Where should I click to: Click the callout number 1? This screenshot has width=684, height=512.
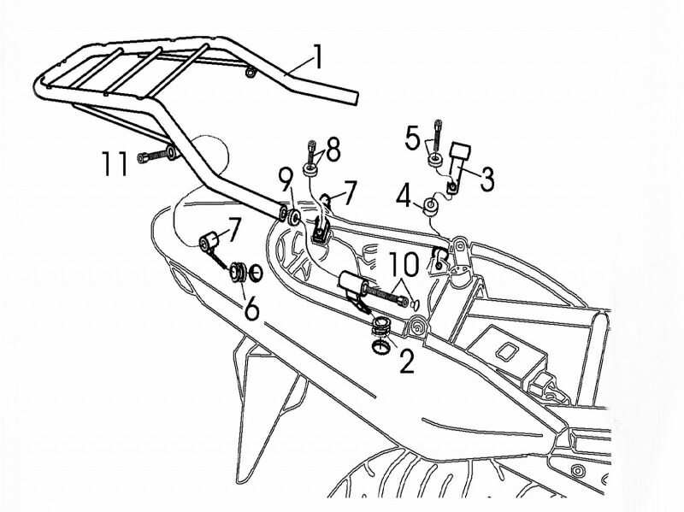coord(318,57)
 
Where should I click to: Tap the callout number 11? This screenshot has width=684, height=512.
coord(115,163)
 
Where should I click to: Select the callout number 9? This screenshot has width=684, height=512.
coord(285,181)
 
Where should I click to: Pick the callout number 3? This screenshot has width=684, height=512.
coord(486,179)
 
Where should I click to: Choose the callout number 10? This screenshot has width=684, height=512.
coord(403,264)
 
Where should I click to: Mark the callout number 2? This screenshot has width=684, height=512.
coord(407,362)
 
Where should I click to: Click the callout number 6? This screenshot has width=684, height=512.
coord(251,309)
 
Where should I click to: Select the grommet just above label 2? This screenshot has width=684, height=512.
coord(381,326)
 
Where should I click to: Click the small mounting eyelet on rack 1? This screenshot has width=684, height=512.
coord(251,73)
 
